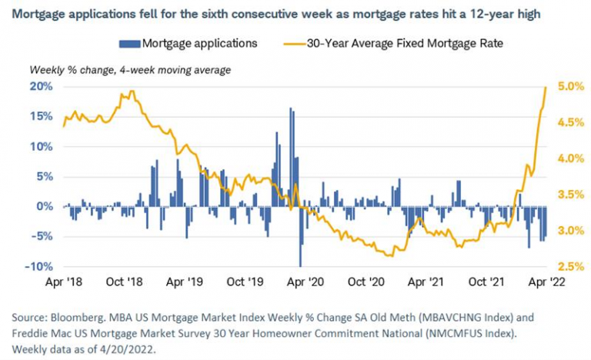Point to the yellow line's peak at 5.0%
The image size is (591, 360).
click(546, 87)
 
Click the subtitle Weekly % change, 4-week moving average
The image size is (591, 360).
click(130, 70)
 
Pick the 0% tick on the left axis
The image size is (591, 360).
click(45, 206)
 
